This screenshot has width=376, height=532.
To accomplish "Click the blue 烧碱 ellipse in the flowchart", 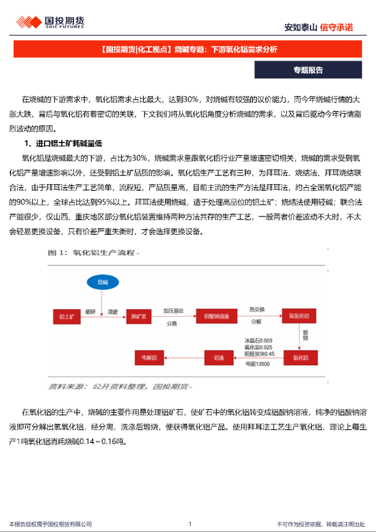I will (x=101, y=282).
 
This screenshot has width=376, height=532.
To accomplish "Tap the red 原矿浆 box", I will (x=138, y=316).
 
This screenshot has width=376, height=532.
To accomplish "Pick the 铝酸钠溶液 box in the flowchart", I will (x=216, y=316).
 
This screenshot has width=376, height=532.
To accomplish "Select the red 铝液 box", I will (x=219, y=355).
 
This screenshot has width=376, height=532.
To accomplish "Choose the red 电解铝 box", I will (x=149, y=355).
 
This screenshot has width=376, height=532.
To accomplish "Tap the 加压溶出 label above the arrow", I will (x=173, y=311).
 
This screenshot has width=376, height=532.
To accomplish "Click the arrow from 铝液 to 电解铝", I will (x=184, y=355).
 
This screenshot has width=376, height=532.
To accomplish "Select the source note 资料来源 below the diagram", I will (x=120, y=386).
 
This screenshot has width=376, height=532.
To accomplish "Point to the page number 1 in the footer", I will (x=190, y=523).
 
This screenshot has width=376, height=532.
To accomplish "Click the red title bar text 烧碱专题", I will (x=191, y=49).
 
